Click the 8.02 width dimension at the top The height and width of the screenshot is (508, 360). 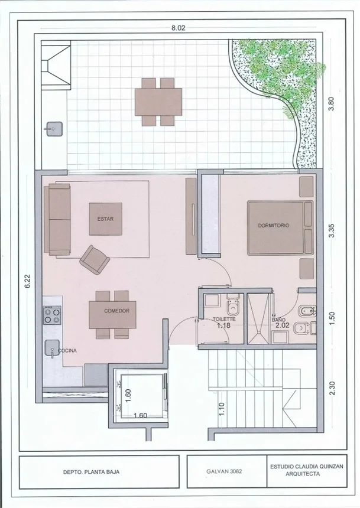click(x=179, y=28)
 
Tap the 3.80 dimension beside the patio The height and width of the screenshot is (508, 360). click(x=331, y=105)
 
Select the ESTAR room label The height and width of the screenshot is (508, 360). click(x=106, y=219)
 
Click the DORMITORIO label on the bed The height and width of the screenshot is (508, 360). click(x=274, y=225)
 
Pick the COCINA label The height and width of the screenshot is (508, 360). click(x=67, y=350)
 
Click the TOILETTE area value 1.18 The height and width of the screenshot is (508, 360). click(x=224, y=325)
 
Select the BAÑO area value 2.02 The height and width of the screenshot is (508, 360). click(x=282, y=325)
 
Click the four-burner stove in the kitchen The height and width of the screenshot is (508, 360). click(x=52, y=315)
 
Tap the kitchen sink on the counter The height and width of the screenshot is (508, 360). click(x=52, y=348)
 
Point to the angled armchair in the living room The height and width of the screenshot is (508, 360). click(x=95, y=260)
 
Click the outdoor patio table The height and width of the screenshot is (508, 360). click(x=158, y=102)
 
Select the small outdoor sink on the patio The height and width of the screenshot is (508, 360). click(x=54, y=129)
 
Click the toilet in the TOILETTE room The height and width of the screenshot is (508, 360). click(x=233, y=305)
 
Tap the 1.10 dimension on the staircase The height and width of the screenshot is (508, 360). click(x=222, y=409)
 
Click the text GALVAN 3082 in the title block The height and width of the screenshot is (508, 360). click(x=224, y=471)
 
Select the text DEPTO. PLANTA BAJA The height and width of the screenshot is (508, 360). click(x=91, y=472)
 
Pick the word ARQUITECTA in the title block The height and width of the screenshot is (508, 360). click(x=302, y=474)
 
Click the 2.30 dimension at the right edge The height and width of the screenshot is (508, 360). click(x=332, y=389)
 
